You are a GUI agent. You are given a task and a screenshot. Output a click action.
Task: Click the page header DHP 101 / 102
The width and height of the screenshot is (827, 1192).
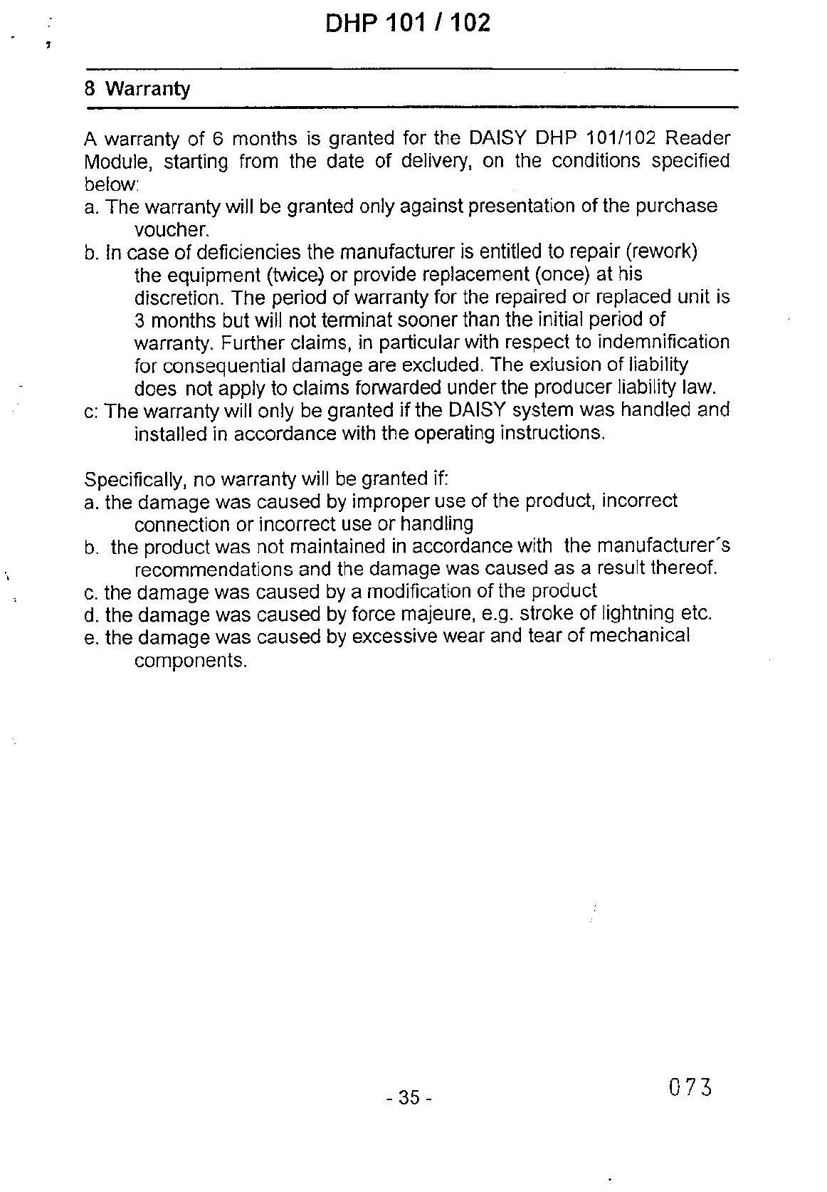408,23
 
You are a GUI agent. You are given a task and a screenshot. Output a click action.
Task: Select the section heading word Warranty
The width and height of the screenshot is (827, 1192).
147,90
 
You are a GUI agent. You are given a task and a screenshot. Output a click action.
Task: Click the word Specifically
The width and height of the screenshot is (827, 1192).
133,479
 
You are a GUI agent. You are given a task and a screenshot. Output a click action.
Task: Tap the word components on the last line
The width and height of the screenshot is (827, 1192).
190,660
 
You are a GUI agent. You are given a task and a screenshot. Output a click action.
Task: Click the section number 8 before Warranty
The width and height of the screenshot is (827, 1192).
90,90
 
